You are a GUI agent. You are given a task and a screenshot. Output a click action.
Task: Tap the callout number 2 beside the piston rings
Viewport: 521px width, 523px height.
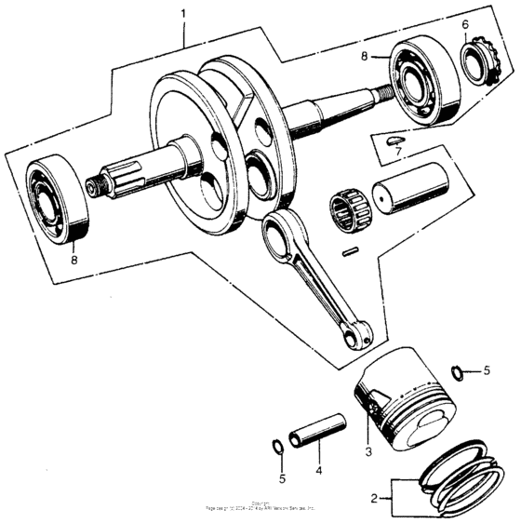(x=374, y=497)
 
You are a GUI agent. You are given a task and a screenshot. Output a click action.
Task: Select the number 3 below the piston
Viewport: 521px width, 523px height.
(x=368, y=451)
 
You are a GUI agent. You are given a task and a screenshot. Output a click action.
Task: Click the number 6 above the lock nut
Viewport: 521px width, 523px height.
(x=465, y=24)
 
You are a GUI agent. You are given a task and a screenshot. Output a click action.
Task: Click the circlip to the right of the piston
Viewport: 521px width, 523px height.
(x=455, y=372)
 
